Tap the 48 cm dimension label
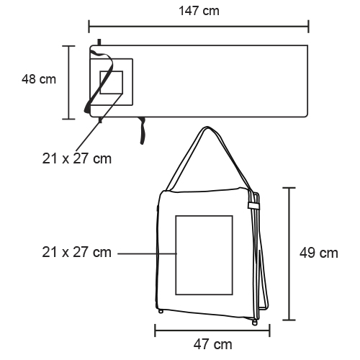(x=38, y=79)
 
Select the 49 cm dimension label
(x=319, y=253)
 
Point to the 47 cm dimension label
(x=213, y=344)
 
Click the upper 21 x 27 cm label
(x=76, y=158)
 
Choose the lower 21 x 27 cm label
(x=76, y=252)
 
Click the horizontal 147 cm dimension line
(x=198, y=27)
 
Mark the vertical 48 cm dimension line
(x=69, y=82)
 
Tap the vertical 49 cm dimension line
(x=289, y=253)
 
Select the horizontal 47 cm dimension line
(x=213, y=330)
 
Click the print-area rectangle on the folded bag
(x=204, y=255)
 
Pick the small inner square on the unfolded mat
(x=111, y=83)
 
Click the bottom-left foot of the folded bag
(x=162, y=312)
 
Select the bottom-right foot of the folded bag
(x=256, y=322)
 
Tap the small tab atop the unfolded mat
(x=100, y=42)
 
